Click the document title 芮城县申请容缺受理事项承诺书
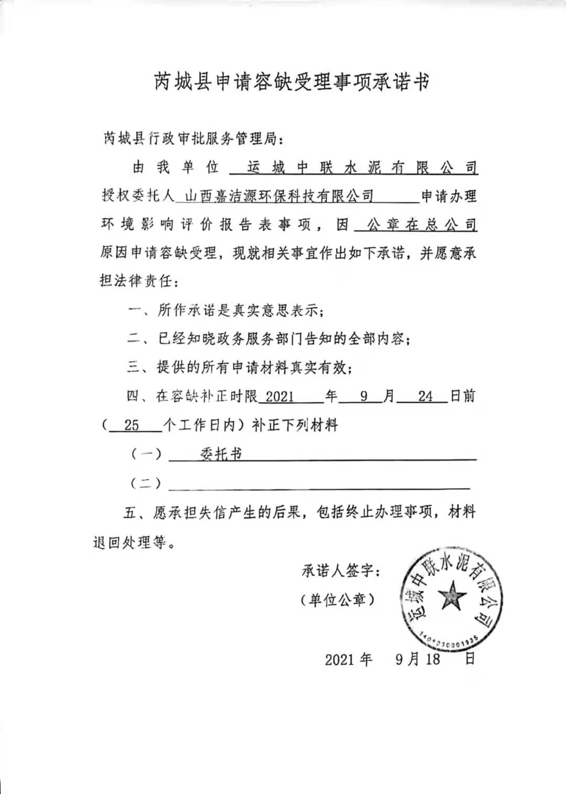click(x=292, y=82)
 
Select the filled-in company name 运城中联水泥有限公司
click(x=362, y=168)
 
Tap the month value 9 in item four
click(x=364, y=396)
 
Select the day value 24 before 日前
click(x=425, y=396)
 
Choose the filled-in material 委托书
click(x=221, y=454)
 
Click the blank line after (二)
click(x=320, y=483)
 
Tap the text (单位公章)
click(x=338, y=599)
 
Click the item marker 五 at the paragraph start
click(x=130, y=512)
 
